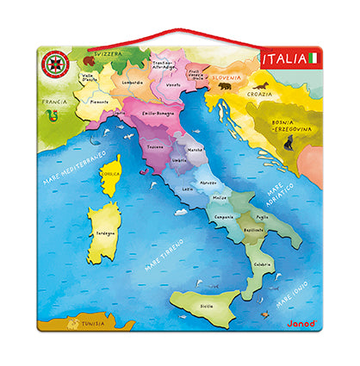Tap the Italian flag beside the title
[x=313, y=59]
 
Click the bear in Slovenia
[x=225, y=86]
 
